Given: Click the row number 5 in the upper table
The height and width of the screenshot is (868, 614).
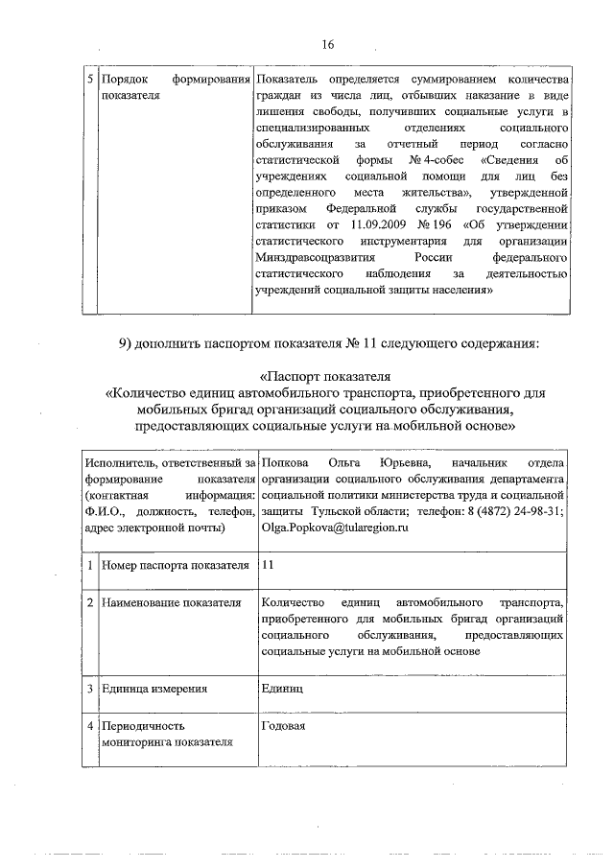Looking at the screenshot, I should [88, 77].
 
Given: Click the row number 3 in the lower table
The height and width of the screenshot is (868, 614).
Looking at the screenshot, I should [88, 688].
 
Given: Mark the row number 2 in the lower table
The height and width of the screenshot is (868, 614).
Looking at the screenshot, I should [88, 602].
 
